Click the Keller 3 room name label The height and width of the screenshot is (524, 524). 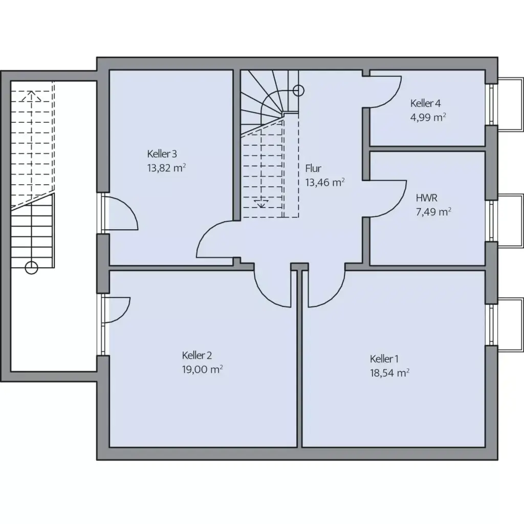(x=162, y=154)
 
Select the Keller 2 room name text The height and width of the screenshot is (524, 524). (x=197, y=355)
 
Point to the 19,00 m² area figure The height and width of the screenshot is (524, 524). (x=202, y=369)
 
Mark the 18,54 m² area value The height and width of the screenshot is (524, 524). (x=389, y=373)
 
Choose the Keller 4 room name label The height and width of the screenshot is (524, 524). (x=425, y=103)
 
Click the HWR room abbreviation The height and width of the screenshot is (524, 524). (x=427, y=197)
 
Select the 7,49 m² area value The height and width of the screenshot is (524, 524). (x=433, y=211)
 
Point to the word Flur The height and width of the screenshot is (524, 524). (x=313, y=168)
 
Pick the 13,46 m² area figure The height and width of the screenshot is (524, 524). (x=324, y=182)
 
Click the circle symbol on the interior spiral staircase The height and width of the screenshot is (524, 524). (x=299, y=91)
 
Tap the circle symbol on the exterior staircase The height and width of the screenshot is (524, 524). (x=32, y=267)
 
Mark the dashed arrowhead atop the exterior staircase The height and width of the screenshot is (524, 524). (x=32, y=94)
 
